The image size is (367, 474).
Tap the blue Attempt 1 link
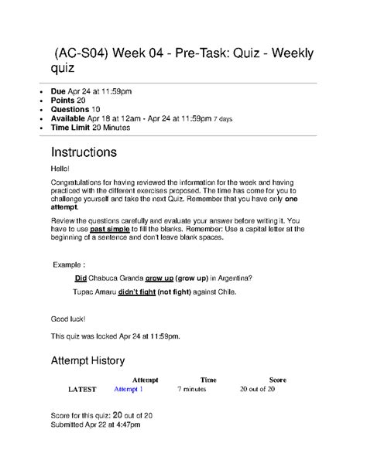(129, 389)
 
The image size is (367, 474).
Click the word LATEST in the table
(83, 389)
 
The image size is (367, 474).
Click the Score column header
(277, 380)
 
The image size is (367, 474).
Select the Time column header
(208, 380)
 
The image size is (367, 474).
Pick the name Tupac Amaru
(93, 292)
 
